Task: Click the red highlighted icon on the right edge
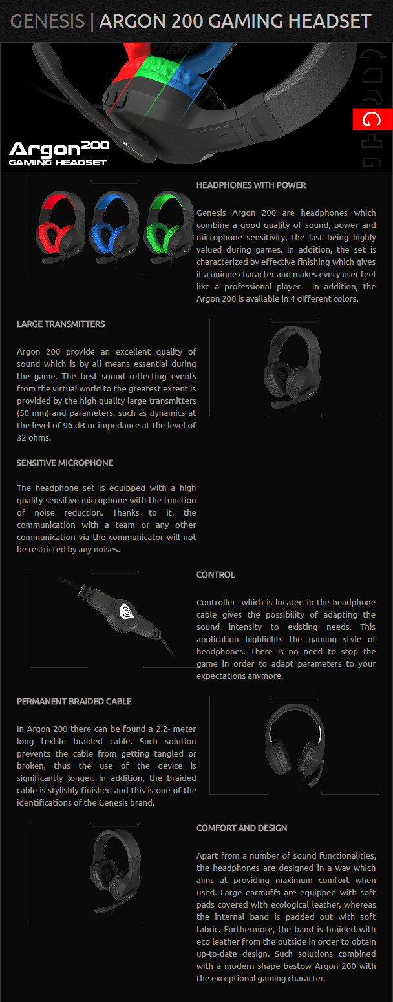point(372,120)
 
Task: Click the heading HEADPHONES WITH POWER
point(251,185)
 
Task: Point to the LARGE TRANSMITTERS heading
point(61,324)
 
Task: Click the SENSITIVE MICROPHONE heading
point(65,463)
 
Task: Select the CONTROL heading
point(215,575)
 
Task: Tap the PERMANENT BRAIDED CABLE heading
point(74,702)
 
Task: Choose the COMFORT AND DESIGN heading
point(242,828)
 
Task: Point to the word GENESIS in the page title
point(47,21)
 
